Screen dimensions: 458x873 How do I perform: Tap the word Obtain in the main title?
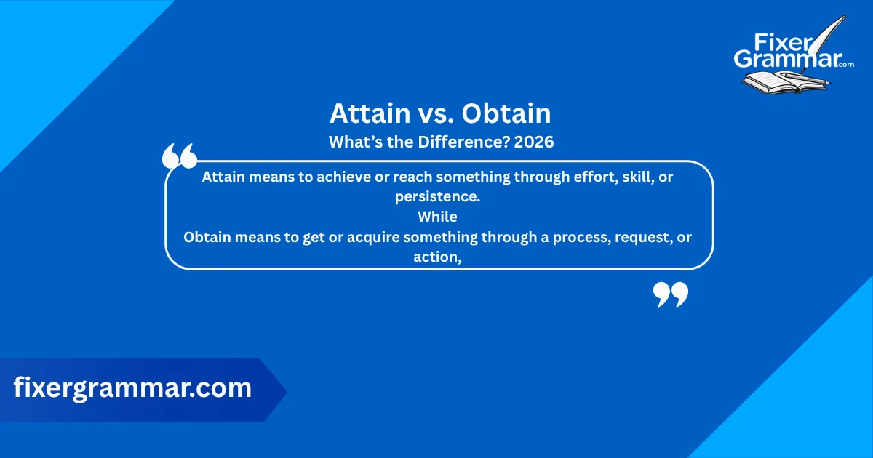pos(506,114)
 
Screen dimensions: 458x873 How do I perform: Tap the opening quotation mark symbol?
pos(179,156)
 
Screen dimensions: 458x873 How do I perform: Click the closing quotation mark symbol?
pos(670,294)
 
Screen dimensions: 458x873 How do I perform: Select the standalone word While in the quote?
pos(437,217)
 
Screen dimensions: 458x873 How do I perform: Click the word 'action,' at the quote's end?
pos(438,257)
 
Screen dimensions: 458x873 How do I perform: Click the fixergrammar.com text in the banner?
pos(132,388)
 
